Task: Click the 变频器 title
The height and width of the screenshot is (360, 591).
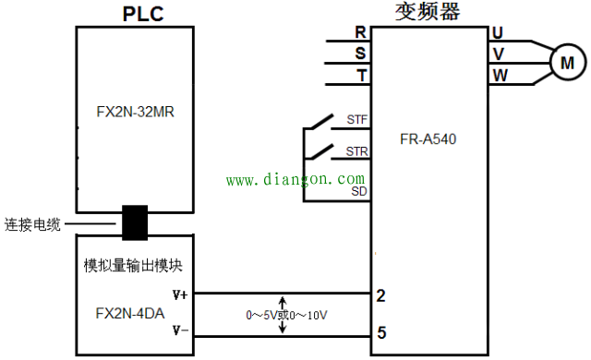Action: coord(428,11)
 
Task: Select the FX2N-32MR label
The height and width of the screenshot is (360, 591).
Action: coord(136,114)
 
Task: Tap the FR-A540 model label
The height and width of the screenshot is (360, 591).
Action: coord(430,140)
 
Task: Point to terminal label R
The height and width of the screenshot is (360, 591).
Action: coord(360,31)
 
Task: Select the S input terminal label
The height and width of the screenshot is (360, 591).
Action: coord(360,53)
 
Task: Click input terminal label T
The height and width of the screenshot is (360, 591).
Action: coord(360,75)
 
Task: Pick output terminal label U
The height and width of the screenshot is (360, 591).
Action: coord(499,31)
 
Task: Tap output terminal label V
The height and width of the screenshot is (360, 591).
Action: coord(499,53)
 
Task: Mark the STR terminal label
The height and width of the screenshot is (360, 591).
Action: coord(356,150)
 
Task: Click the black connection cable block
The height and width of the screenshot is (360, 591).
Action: coord(136,222)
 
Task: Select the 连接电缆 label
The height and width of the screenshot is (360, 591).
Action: coord(32,223)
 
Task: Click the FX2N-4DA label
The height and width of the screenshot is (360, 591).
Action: coord(130,312)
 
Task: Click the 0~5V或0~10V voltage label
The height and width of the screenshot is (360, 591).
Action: coord(287,315)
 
